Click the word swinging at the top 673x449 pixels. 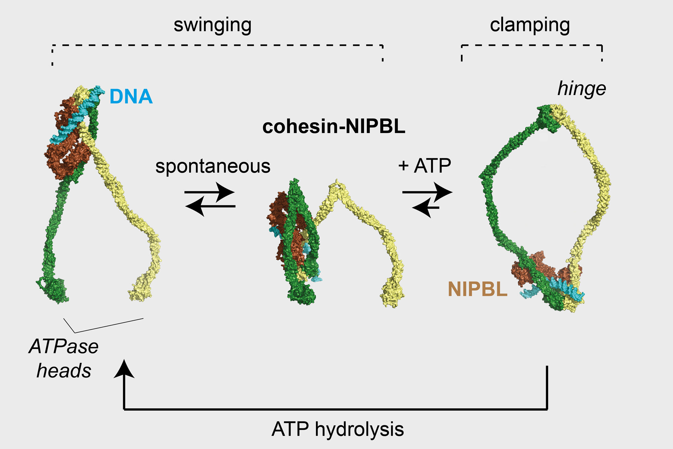212,26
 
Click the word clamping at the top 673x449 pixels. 530,26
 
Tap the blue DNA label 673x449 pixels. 131,97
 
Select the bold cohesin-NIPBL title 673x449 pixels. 333,127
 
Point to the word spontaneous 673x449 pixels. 213,166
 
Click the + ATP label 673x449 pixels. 424,166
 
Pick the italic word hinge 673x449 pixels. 581,89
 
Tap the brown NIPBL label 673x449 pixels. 477,289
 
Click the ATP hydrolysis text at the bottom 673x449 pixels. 338,429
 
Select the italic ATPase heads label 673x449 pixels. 64,358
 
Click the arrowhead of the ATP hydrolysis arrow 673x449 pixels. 124,369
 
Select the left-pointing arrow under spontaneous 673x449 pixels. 210,206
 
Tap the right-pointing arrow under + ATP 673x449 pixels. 427,192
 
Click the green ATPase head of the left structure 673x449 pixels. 56,289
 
